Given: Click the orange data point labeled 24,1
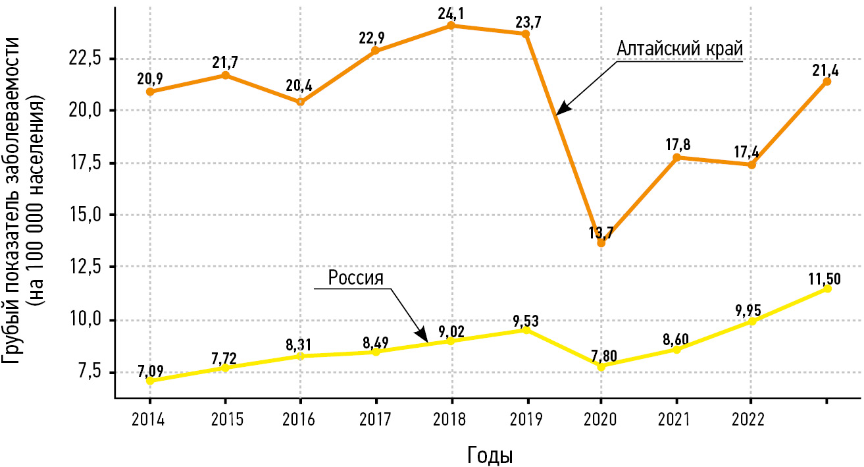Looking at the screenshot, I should (451, 26).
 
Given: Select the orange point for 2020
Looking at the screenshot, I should (601, 243).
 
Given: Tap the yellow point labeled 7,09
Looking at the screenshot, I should (150, 381).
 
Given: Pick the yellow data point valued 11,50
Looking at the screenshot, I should (827, 288).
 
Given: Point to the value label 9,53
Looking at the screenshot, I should (526, 320).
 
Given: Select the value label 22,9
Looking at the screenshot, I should (376, 39).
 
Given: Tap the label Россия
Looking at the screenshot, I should (355, 277).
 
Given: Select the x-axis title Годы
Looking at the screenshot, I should (490, 454).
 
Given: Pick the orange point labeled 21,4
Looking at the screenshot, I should (827, 82).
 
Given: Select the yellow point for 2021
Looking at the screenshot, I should (676, 349).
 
